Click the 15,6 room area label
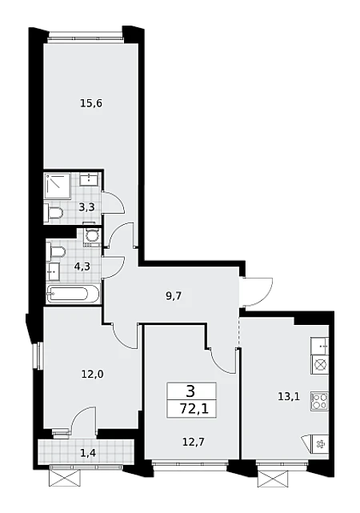click(x=91, y=104)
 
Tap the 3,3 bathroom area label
click(x=86, y=207)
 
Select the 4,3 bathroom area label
click(x=82, y=267)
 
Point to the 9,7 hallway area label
click(x=174, y=296)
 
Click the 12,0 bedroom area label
click(x=93, y=374)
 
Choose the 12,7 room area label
click(x=193, y=442)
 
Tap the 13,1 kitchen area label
click(x=289, y=397)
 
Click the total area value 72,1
click(x=194, y=409)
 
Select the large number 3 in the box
click(x=190, y=391)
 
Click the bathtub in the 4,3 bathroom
click(x=73, y=294)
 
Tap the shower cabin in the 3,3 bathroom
click(x=58, y=186)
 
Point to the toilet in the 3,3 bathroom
click(x=54, y=213)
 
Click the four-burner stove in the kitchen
click(x=320, y=400)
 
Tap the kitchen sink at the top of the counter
click(x=320, y=347)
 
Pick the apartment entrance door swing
click(x=258, y=291)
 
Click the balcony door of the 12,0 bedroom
click(x=84, y=420)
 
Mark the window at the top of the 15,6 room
click(x=86, y=36)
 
